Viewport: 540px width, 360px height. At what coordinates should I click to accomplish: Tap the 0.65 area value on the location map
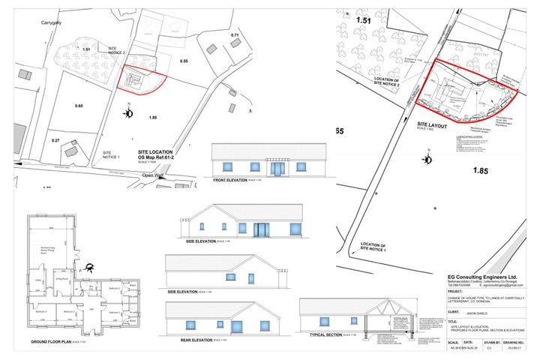click(x=79, y=106)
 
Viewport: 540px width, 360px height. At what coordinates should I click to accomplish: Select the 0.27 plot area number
click(x=55, y=140)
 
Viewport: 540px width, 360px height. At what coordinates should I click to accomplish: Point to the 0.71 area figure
click(x=235, y=35)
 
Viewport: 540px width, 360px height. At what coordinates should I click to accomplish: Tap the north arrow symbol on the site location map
click(x=129, y=114)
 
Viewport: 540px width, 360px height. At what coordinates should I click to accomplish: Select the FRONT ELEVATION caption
click(x=232, y=181)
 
